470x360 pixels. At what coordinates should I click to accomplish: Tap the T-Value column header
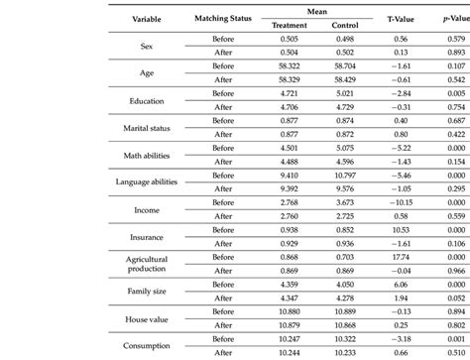(386, 20)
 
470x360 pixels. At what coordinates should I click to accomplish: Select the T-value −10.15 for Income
(386, 202)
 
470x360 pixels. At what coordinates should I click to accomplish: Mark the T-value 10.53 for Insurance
(386, 230)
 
